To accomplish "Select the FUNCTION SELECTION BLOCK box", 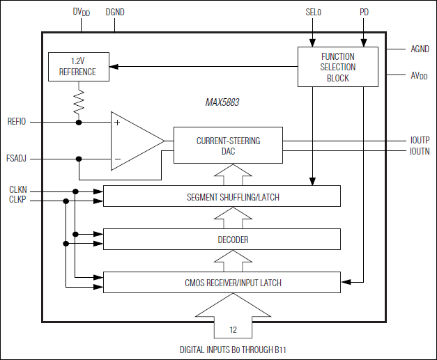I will pyautogui.click(x=337, y=67).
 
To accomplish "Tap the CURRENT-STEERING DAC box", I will pyautogui.click(x=228, y=146).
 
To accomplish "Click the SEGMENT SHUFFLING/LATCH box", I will pyautogui.click(x=222, y=196).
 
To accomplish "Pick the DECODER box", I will pyautogui.click(x=222, y=239).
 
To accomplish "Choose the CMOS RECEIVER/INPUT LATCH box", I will pyautogui.click(x=222, y=282).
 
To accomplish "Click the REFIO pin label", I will pyautogui.click(x=17, y=122).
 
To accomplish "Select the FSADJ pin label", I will pyautogui.click(x=17, y=159).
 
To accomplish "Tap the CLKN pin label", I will pyautogui.click(x=18, y=190).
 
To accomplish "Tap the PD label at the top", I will pyautogui.click(x=364, y=13).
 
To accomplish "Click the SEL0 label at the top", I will pyautogui.click(x=314, y=13).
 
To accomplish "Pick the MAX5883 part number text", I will pyautogui.click(x=222, y=102).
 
